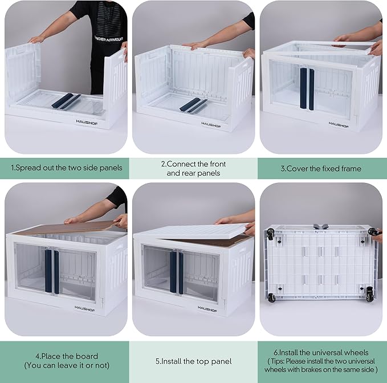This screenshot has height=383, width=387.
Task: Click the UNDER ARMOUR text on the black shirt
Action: [x=109, y=39]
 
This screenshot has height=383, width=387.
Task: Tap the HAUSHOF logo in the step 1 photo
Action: [x=87, y=122]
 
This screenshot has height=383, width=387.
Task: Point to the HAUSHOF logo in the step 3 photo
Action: [x=339, y=125]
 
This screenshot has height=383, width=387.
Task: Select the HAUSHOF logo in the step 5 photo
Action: [x=207, y=309]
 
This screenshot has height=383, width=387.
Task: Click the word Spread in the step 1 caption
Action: [x=28, y=168]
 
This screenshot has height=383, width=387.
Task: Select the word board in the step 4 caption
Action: [x=87, y=356]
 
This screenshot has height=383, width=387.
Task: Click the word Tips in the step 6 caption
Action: [x=278, y=361]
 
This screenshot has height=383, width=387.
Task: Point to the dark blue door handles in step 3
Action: [x=307, y=88]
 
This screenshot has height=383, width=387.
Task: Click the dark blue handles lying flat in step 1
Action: [x=66, y=101]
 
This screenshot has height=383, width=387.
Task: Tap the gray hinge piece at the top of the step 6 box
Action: [x=321, y=226]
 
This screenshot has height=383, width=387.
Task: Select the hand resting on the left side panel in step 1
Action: [x=36, y=39]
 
